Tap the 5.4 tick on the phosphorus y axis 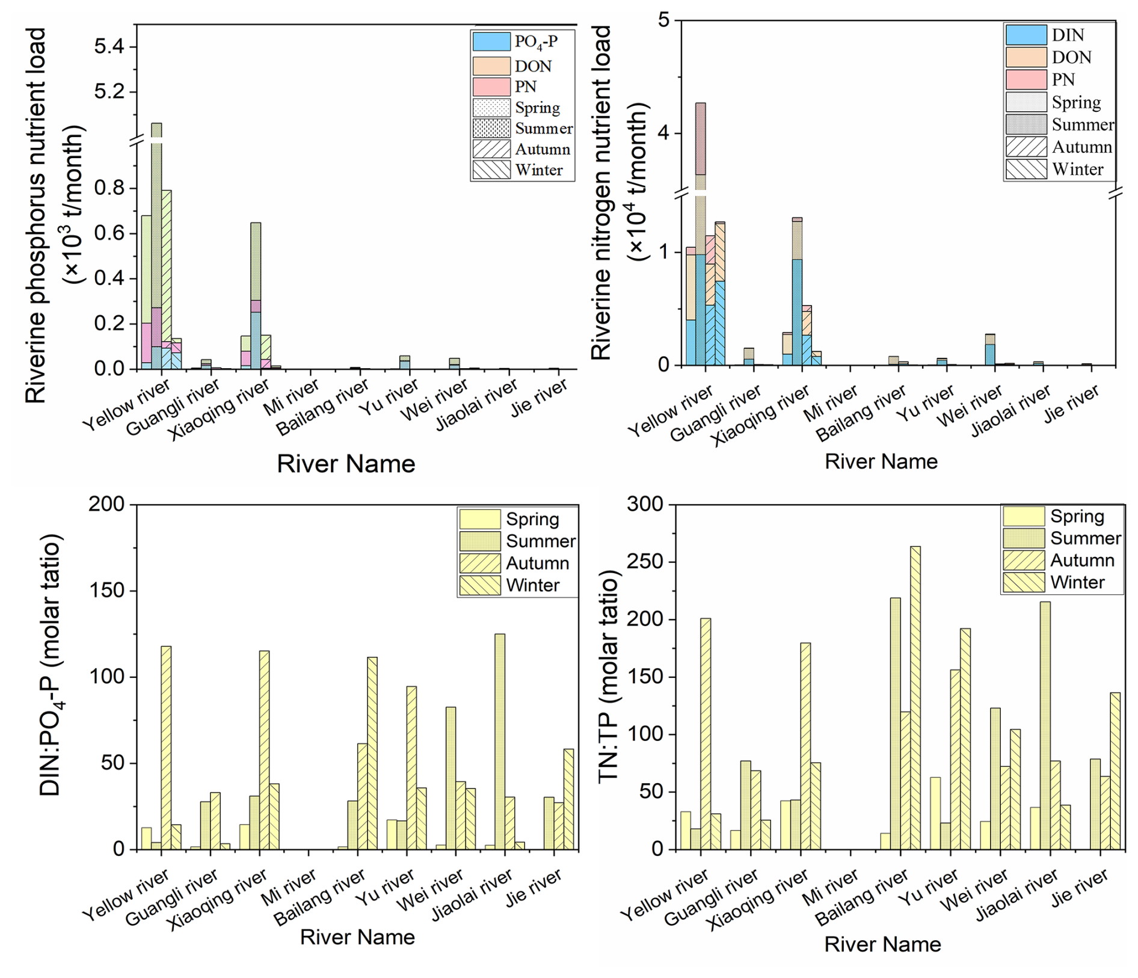[x=111, y=46]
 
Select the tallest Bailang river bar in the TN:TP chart [x=915, y=698]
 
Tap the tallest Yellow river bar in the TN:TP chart [x=706, y=734]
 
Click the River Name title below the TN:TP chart [x=882, y=944]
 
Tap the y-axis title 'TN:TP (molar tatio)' [x=609, y=677]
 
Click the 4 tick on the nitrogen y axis [x=663, y=133]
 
